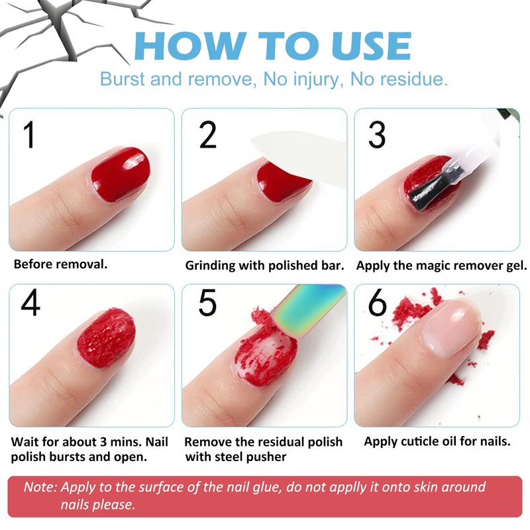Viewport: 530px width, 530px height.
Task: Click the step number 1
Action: [x=30, y=134]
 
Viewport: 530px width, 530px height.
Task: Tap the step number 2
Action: [x=207, y=134]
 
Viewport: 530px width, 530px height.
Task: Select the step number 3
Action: [x=376, y=134]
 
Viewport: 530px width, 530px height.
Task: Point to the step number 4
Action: [x=30, y=302]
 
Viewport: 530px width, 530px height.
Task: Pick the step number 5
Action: [x=207, y=302]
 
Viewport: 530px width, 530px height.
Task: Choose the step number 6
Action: [x=377, y=302]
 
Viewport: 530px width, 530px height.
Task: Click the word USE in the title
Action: [x=371, y=46]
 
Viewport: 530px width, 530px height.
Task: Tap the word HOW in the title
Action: [x=190, y=46]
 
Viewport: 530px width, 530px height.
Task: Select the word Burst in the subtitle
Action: [x=123, y=79]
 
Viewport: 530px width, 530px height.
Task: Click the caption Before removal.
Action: [x=60, y=264]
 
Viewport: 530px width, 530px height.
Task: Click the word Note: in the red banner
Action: [x=40, y=487]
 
